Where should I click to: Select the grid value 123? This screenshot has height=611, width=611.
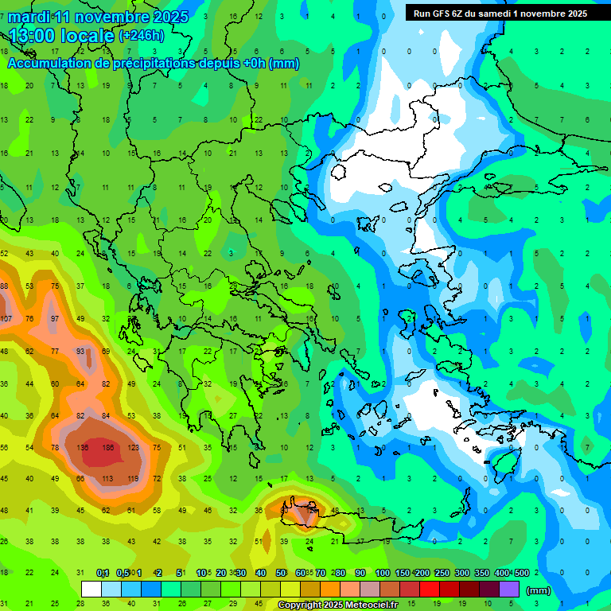click(x=133, y=448)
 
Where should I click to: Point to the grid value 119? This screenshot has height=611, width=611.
click(x=132, y=479)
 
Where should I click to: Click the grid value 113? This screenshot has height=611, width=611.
click(x=107, y=479)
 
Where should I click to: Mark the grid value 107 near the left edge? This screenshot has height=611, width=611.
click(x=6, y=318)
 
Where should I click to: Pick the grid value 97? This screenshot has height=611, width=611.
click(x=55, y=318)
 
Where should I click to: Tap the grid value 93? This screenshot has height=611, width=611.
click(x=80, y=351)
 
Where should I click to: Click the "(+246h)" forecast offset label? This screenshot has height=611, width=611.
click(x=142, y=36)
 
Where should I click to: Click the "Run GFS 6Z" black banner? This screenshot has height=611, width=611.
click(x=500, y=14)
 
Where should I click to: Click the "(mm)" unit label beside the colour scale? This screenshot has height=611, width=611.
click(x=539, y=590)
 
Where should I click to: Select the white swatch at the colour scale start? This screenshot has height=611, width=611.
click(x=91, y=590)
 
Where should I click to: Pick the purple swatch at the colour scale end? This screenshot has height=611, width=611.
click(x=509, y=590)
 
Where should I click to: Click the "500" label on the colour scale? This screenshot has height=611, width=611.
click(x=521, y=574)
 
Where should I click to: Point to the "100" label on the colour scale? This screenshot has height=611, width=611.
click(x=383, y=574)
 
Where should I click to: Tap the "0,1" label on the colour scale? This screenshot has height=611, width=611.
click(x=103, y=574)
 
